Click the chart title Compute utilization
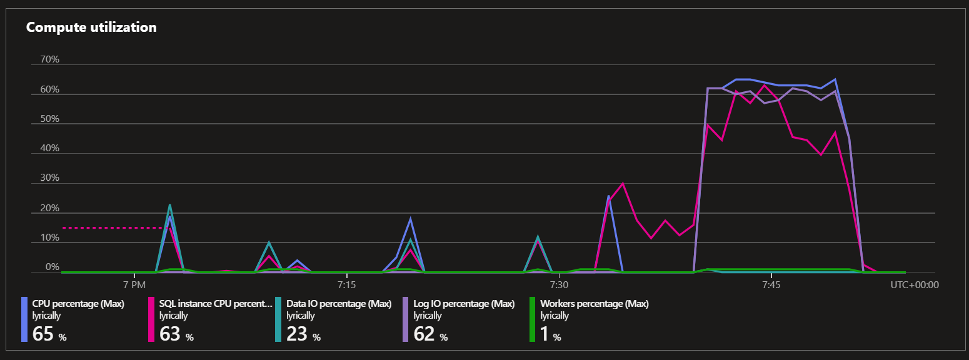(x=91, y=27)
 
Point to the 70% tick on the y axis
(x=49, y=59)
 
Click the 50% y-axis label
(x=49, y=119)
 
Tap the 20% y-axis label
(x=49, y=208)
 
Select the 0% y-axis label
(x=52, y=267)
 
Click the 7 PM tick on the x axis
(x=134, y=284)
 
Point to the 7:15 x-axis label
(x=346, y=284)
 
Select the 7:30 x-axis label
(x=559, y=284)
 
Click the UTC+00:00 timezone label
(x=915, y=284)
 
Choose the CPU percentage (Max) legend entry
(x=78, y=304)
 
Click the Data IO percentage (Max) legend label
(x=338, y=304)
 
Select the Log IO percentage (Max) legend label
(x=464, y=304)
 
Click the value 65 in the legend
(x=43, y=334)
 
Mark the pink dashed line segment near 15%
(x=113, y=228)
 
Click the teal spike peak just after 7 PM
(x=169, y=205)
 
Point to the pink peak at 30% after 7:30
(x=623, y=184)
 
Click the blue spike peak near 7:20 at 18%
(x=410, y=219)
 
